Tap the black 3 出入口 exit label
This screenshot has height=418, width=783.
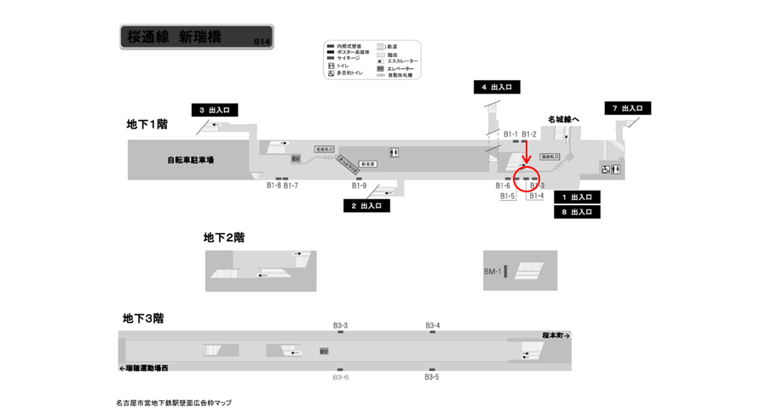[214, 110]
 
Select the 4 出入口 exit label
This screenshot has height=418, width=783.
[496, 87]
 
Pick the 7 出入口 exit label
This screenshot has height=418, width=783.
[628, 108]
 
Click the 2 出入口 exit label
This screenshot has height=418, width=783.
[366, 206]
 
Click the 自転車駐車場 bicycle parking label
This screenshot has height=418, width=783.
[190, 160]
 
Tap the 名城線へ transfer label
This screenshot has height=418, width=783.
[563, 119]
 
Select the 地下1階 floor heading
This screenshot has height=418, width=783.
[147, 124]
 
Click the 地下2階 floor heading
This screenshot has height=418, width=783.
[224, 238]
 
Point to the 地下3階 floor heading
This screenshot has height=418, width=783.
[143, 318]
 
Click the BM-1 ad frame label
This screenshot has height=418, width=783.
[492, 272]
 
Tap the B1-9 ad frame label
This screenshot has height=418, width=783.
[359, 186]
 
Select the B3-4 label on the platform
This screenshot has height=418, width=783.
[433, 325]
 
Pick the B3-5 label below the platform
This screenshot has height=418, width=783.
[431, 377]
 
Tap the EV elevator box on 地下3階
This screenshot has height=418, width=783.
[323, 352]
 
